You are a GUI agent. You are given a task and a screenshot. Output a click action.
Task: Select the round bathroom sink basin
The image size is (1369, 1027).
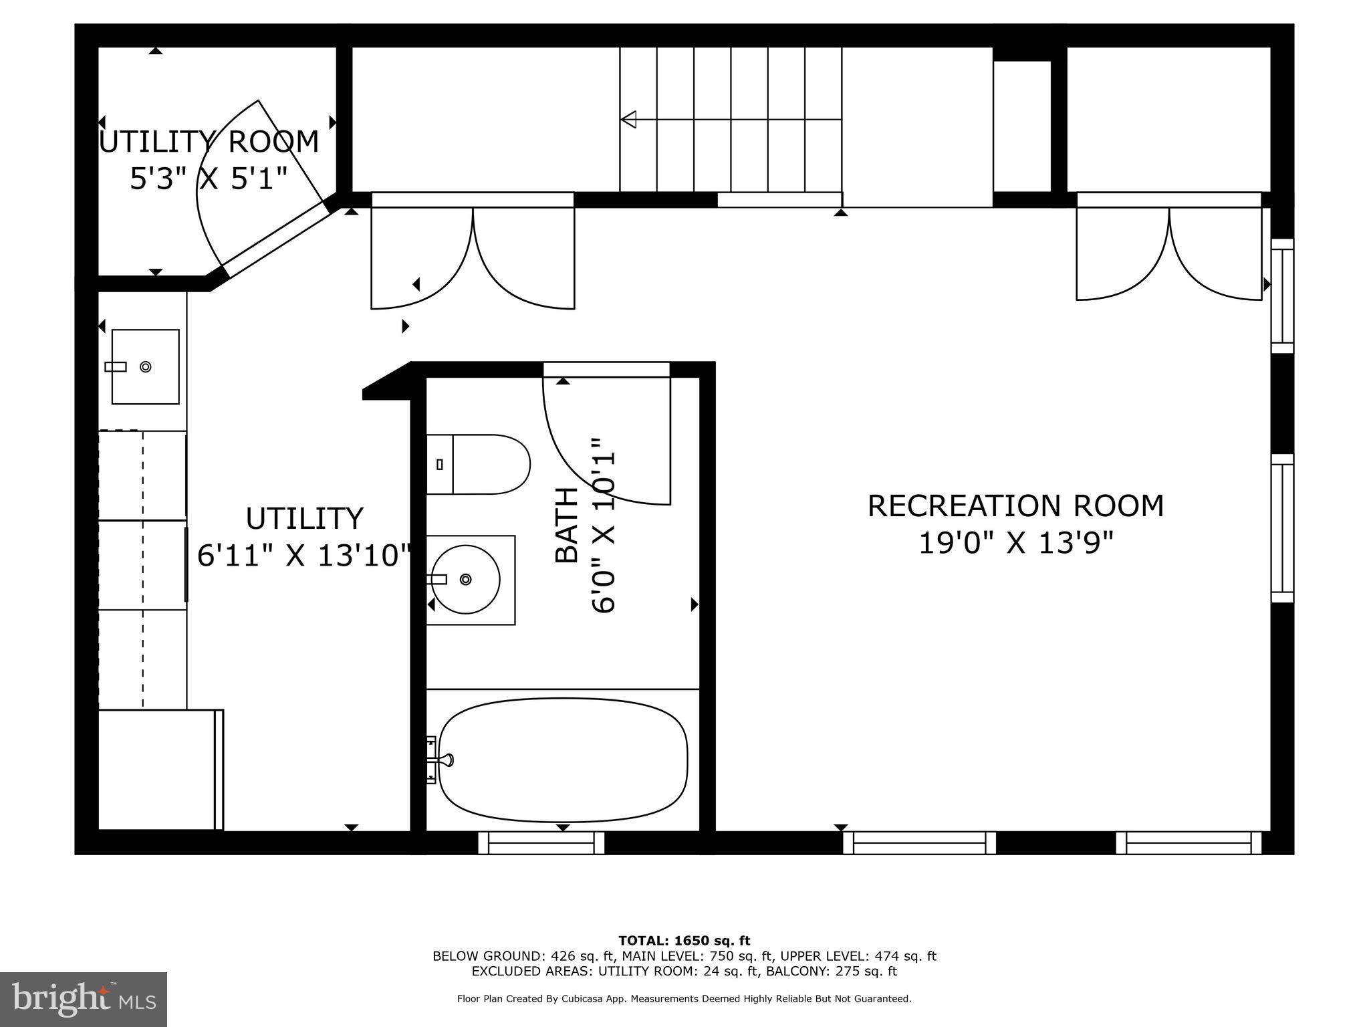click(x=466, y=579)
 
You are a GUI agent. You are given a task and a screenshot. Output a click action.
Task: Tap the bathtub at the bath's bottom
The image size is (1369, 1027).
click(x=563, y=760)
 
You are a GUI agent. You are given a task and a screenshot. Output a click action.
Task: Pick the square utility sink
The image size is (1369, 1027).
click(x=145, y=366)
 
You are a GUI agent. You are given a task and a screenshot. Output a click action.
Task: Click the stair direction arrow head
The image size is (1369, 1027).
click(x=628, y=120)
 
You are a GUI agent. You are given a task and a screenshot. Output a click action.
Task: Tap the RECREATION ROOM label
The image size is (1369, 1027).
click(x=1015, y=506)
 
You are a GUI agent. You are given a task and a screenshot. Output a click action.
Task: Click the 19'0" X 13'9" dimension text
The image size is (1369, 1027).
click(x=1015, y=543)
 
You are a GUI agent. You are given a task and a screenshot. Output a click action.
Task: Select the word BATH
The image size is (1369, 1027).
click(x=567, y=525)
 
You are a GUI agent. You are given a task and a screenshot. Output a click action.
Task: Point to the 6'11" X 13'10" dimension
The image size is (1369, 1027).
click(x=304, y=555)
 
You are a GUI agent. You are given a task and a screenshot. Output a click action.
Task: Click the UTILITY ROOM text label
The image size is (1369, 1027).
click(x=209, y=142)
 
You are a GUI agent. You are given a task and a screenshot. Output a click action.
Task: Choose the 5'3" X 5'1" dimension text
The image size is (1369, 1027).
click(x=209, y=179)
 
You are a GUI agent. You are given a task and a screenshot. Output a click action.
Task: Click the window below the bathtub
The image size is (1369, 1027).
click(x=541, y=842)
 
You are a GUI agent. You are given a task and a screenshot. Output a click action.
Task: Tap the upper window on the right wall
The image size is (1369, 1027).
click(x=1281, y=296)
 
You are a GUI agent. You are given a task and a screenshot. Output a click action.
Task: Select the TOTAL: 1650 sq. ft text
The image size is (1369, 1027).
click(x=684, y=941)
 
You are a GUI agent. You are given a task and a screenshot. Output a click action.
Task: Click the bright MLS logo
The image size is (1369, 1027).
click(x=84, y=999)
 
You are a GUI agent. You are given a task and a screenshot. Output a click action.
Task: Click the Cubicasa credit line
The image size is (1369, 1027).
click(x=684, y=999)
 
